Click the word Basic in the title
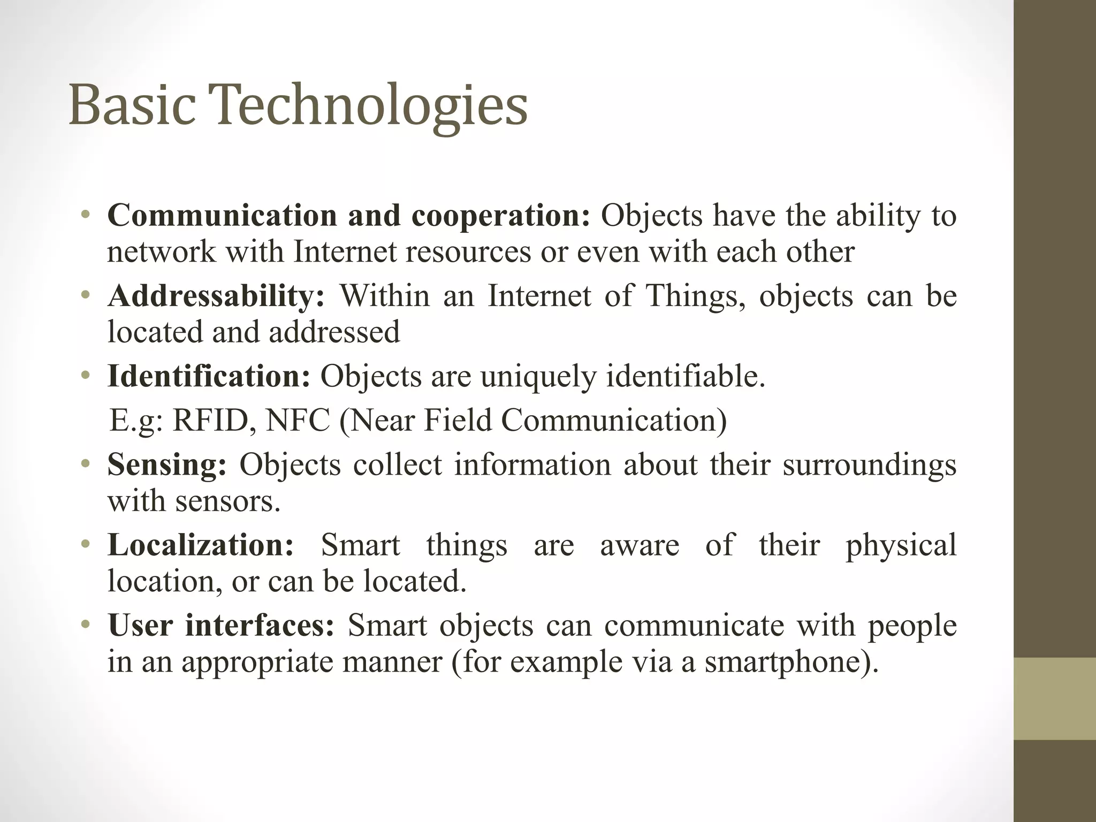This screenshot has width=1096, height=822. point(132,105)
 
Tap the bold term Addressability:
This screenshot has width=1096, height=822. point(216,296)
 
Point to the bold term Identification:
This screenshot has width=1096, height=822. point(209,376)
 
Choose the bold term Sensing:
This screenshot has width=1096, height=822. point(167,465)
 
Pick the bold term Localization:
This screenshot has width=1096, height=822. point(201,545)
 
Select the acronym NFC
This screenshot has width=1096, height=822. point(298,420)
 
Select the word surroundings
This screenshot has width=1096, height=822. point(869,465)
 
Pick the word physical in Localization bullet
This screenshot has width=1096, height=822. point(901,546)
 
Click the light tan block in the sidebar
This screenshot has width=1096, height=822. point(1055,698)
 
